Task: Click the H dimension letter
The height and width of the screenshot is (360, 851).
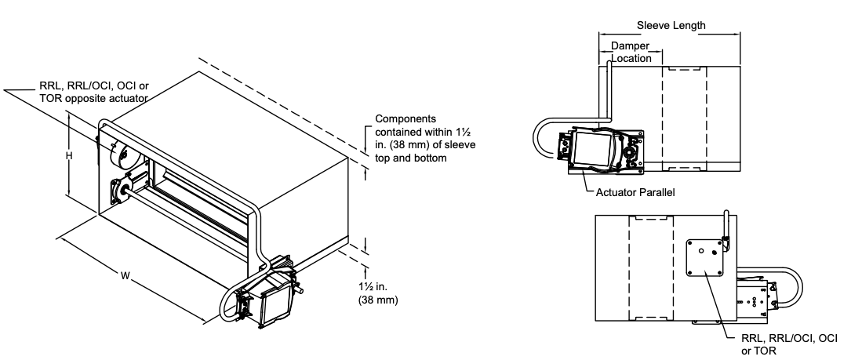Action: pos(69,156)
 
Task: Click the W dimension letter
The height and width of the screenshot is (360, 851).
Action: pos(125,276)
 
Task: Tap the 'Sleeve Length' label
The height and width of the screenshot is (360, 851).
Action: pos(671,26)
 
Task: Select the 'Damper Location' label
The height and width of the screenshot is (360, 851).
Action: pos(631,52)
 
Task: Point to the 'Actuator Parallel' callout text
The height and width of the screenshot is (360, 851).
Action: pos(635,192)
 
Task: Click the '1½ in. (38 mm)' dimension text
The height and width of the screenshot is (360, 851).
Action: pos(378,293)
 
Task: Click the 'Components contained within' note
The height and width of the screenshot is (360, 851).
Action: pos(425,139)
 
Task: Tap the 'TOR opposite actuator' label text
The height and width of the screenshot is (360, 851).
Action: pos(93,98)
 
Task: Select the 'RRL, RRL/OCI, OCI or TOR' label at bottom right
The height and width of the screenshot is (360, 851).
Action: pos(789,344)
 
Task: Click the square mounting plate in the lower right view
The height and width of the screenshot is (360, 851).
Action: pos(704,257)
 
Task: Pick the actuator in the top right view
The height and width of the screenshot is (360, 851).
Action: pos(602,151)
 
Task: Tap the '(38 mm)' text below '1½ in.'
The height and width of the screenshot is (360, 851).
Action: pos(378,300)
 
